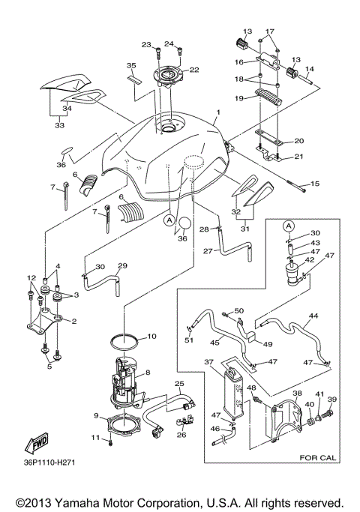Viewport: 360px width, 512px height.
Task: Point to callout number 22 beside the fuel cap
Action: [x=193, y=70]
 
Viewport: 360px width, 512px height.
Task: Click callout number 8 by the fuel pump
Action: [x=148, y=372]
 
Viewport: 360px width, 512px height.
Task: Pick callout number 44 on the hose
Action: [x=313, y=316]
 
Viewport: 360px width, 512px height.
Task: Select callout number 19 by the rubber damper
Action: [x=239, y=98]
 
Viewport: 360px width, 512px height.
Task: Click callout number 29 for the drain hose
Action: [x=122, y=266]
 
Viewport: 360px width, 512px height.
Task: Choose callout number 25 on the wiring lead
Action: [x=179, y=385]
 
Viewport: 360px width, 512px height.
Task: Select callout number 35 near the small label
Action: [x=130, y=66]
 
